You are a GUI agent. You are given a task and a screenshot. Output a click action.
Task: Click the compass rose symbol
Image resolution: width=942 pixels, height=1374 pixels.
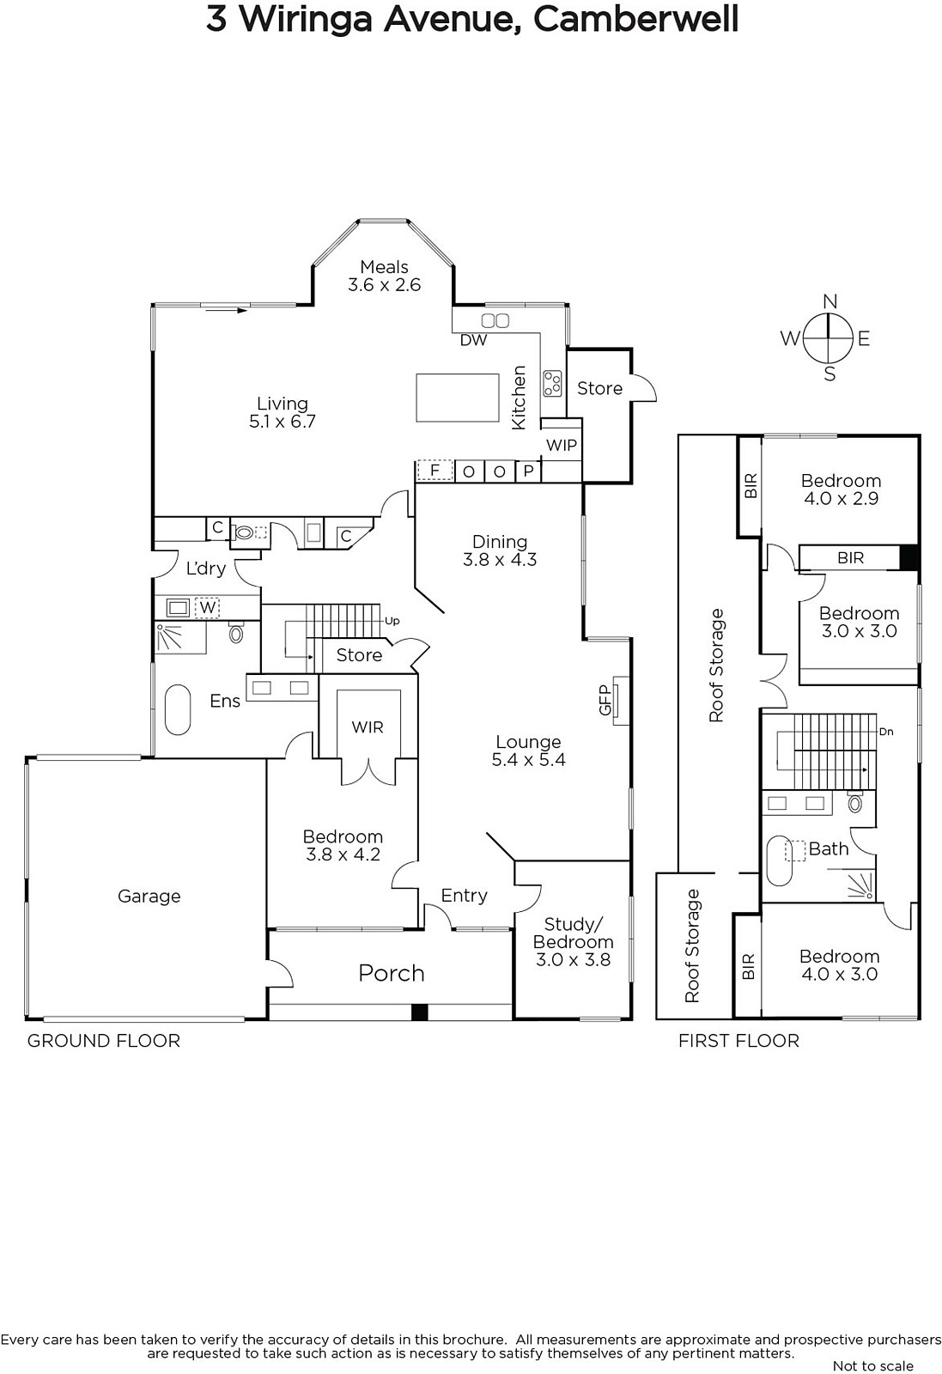coord(829,337)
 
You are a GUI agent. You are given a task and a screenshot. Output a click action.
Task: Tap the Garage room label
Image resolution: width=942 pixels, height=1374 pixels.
coord(149,897)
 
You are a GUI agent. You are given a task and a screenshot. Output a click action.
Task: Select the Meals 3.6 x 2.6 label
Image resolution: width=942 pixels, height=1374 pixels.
coord(385,276)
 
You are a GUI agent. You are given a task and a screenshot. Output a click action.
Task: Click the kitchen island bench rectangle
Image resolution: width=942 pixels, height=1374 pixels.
coord(458,398)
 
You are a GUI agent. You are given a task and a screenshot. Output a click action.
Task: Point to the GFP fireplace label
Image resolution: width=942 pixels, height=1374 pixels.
coord(605,700)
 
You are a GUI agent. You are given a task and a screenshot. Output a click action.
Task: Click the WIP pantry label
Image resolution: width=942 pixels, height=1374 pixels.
coord(561,446)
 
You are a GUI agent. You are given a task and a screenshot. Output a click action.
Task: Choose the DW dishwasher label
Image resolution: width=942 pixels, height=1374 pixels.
coord(473,340)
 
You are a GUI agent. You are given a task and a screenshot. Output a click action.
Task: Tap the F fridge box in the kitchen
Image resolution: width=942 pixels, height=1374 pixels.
coord(435,471)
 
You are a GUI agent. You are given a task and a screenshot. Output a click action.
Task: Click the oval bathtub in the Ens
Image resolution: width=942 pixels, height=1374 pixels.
coord(178,709)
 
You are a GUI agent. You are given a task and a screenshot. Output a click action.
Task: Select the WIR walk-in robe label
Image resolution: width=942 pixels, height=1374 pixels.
coord(368,727)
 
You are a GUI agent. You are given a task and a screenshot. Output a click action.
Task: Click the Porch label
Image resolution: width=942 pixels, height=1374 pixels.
coord(392,974)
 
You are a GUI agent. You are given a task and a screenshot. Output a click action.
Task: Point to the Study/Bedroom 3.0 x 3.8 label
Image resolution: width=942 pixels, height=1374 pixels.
coord(573,941)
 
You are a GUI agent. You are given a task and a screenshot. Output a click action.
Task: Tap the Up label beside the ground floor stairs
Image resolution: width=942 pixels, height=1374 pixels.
coord(392,621)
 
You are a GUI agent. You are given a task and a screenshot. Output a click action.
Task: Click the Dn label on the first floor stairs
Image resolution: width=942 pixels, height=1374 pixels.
coord(886,732)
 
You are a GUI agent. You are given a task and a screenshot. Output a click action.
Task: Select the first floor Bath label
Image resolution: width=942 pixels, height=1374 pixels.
coord(829,849)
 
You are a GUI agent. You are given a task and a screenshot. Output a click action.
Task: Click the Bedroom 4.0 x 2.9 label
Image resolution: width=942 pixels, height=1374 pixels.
coord(841,489)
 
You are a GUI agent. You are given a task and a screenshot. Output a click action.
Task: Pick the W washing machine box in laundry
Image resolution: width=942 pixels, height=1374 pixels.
coord(208,608)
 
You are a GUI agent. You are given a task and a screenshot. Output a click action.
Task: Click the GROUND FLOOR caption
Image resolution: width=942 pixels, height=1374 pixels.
coord(104,1041)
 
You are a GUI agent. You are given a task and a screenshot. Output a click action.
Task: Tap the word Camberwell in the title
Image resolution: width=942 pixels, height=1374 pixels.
coord(635,19)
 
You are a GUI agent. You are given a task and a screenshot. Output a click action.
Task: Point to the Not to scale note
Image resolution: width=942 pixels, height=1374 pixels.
coord(873,1365)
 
